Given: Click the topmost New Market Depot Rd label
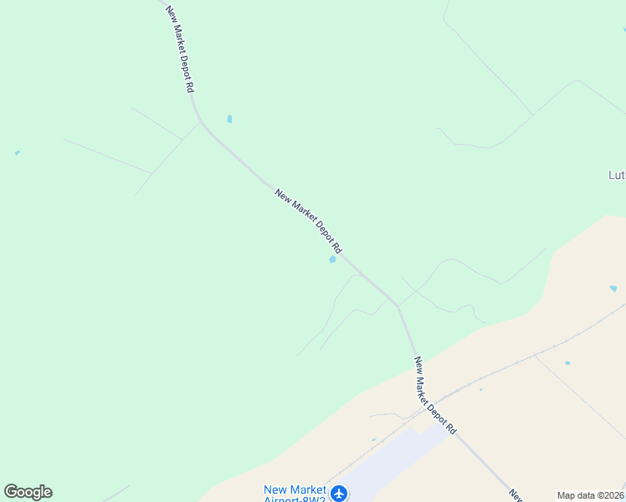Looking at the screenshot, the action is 180,49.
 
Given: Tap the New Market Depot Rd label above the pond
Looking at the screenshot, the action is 308,221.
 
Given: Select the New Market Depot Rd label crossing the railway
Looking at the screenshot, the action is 434,395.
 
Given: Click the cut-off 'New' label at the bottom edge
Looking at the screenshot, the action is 516,495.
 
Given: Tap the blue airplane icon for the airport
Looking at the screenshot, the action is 339,494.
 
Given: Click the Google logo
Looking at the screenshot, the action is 28,492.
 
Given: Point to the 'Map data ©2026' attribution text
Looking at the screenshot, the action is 591,495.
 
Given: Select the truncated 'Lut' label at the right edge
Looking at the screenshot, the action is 616,176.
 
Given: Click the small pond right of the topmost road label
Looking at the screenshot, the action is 229,119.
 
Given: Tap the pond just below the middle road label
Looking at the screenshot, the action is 332,259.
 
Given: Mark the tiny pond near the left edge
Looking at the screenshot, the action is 17,153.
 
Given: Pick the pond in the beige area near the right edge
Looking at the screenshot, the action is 613,289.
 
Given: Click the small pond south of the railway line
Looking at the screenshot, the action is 567,363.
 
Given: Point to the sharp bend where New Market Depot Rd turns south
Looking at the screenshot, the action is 398,306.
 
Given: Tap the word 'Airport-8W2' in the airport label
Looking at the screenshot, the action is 294,499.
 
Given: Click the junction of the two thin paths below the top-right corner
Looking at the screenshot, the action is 532,114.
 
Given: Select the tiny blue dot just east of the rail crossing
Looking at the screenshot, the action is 480,389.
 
